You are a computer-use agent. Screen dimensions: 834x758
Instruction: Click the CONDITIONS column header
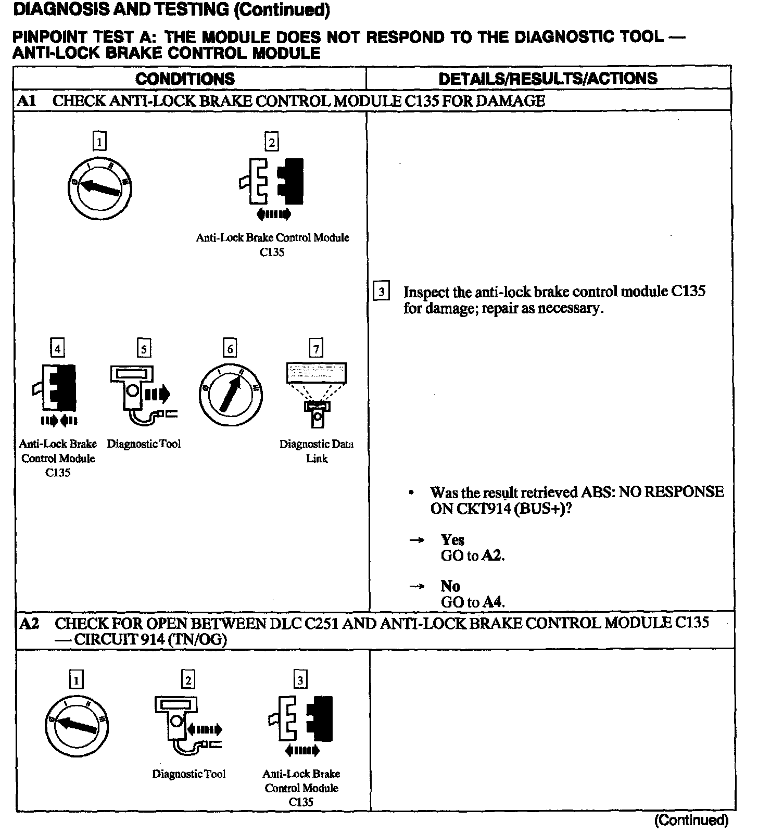[x=185, y=79]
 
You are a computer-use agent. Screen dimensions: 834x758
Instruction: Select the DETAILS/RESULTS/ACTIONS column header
[x=548, y=79]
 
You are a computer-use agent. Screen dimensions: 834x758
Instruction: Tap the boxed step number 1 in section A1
[x=99, y=141]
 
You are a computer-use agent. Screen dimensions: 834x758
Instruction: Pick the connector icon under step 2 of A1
[x=272, y=182]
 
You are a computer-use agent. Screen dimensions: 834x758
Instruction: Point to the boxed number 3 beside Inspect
[x=382, y=292]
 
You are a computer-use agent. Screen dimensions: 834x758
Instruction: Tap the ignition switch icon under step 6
[x=230, y=394]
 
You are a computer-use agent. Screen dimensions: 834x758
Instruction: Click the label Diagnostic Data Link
[x=317, y=451]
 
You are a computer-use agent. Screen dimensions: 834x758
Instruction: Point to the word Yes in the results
[x=452, y=540]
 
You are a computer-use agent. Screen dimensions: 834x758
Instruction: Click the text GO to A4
[x=473, y=602]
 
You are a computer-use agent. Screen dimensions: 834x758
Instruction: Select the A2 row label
[x=29, y=623]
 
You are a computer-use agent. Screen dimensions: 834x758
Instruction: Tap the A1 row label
[x=26, y=101]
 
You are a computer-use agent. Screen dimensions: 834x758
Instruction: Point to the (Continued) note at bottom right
[x=691, y=820]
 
